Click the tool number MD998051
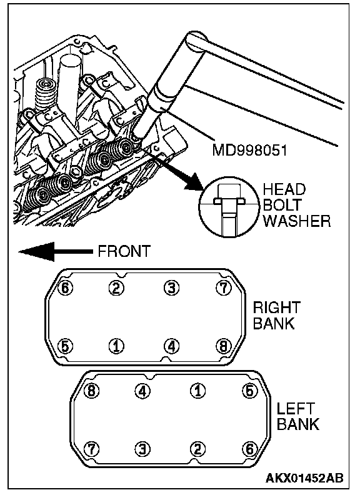pyautogui.click(x=249, y=149)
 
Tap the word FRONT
pyautogui.click(x=124, y=251)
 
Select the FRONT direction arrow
pyautogui.click(x=55, y=252)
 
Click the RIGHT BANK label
pyautogui.click(x=276, y=315)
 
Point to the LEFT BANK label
pyautogui.click(x=297, y=416)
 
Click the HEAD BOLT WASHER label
pyautogui.click(x=296, y=205)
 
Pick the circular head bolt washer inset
pyautogui.click(x=227, y=205)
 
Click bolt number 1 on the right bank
pyautogui.click(x=116, y=346)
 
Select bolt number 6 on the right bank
pyautogui.click(x=66, y=287)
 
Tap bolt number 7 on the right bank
pyautogui.click(x=224, y=287)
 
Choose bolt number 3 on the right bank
pyautogui.click(x=171, y=287)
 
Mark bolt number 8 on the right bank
pyautogui.click(x=224, y=346)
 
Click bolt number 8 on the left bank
pyautogui.click(x=91, y=391)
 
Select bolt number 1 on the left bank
pyautogui.click(x=197, y=391)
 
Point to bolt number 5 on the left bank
pyautogui.click(x=250, y=391)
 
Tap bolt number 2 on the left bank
pyautogui.click(x=197, y=449)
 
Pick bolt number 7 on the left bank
pyautogui.click(x=91, y=449)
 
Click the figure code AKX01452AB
pyautogui.click(x=304, y=477)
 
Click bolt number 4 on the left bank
pyautogui.click(x=142, y=391)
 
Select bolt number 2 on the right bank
pyautogui.click(x=116, y=287)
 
